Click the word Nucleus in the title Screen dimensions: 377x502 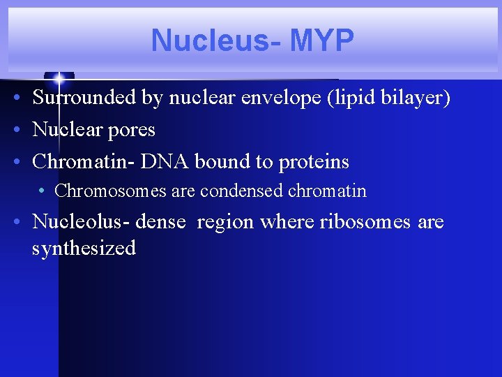pos(208,40)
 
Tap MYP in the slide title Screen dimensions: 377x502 pos(321,40)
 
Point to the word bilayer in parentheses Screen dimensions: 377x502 pos(416,98)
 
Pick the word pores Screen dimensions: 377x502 pos(132,130)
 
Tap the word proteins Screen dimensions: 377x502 pos(313,162)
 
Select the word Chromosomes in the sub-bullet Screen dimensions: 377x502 pos(110,191)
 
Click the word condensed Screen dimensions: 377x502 pos(241,191)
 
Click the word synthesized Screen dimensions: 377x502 pos(84,248)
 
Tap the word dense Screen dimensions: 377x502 pos(161,222)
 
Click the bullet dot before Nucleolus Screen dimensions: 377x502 pos(16,223)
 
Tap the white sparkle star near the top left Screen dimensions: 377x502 pos(59,77)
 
